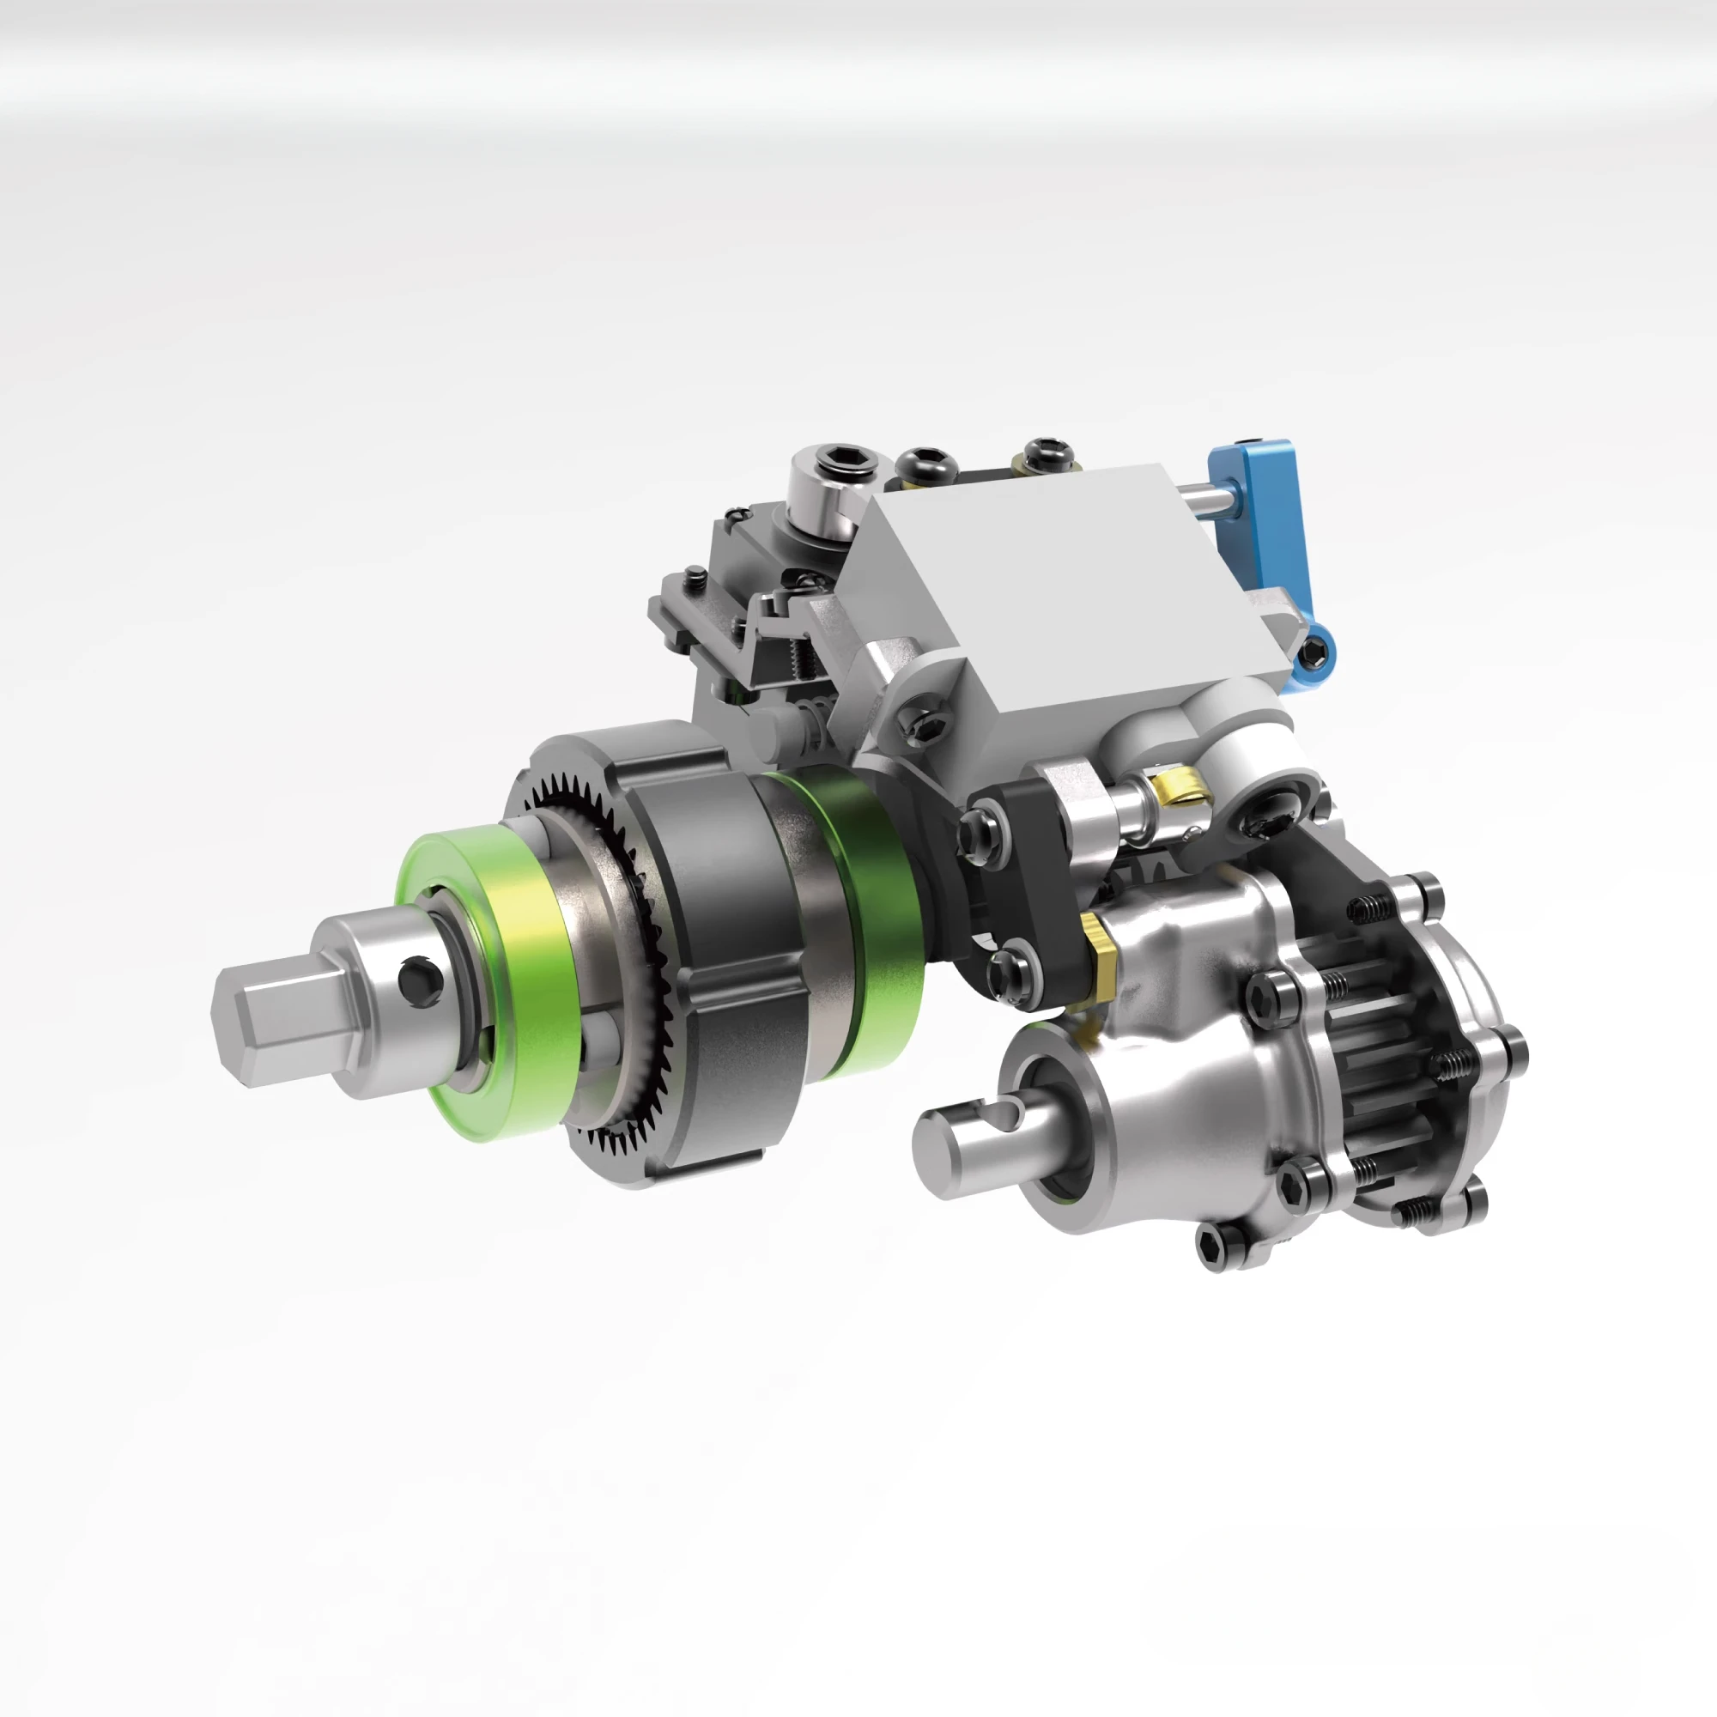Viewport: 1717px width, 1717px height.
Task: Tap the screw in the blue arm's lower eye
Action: coord(1314,656)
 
